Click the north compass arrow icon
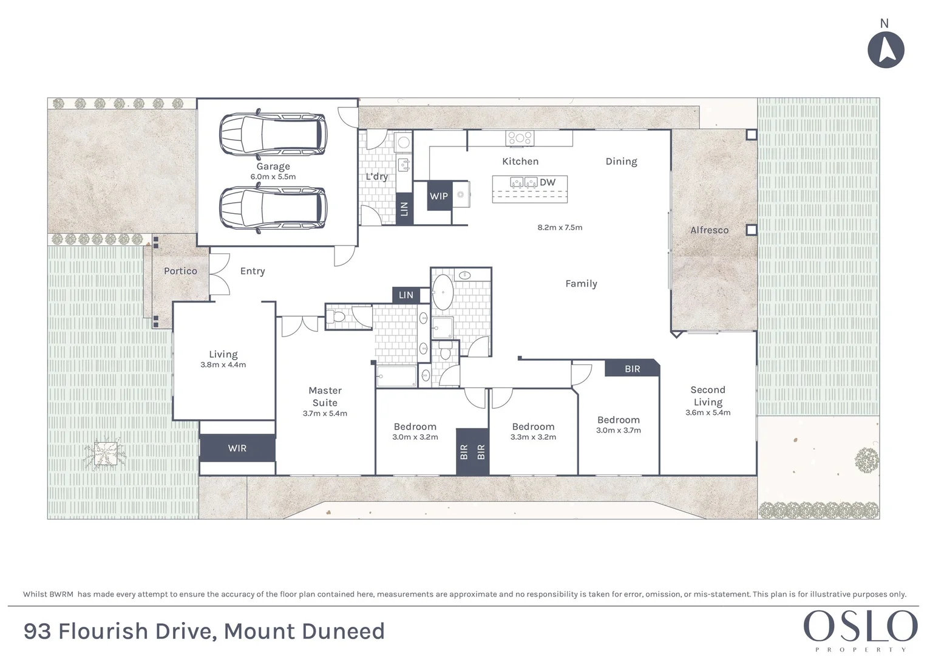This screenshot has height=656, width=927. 886,50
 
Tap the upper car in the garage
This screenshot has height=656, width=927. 273,134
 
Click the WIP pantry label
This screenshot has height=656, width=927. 439,196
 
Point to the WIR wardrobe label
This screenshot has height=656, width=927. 237,448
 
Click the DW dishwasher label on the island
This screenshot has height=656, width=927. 548,182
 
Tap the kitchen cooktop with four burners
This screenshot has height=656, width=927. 520,138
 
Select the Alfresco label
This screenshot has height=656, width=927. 709,230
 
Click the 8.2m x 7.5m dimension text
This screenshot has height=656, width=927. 560,228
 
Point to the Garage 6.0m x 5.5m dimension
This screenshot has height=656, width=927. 273,177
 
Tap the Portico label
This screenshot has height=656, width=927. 180,271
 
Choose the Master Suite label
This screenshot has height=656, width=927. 325,397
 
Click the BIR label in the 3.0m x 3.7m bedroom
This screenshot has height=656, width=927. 632,369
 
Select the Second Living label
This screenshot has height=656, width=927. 708,396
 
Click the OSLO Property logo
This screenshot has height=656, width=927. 860,629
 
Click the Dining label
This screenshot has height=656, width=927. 621,162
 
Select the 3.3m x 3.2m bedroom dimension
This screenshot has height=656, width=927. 533,437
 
